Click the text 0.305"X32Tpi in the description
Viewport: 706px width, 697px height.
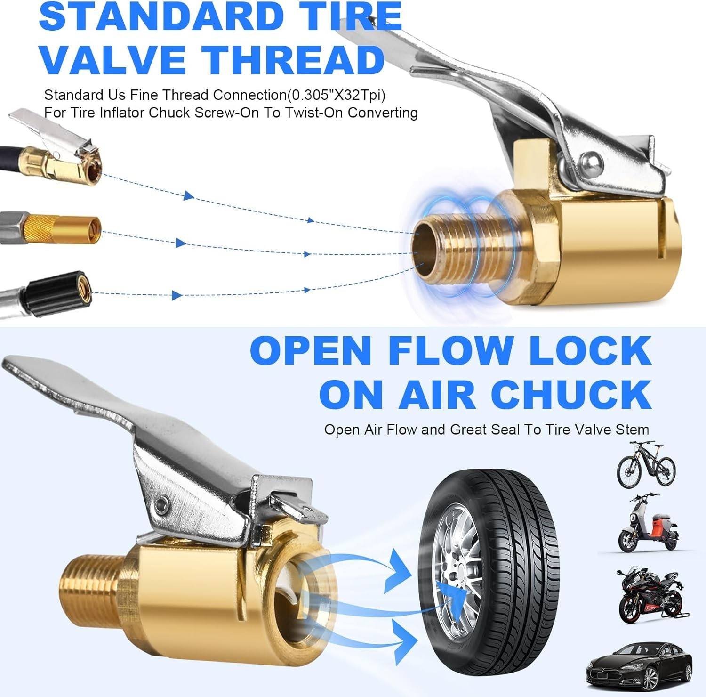coord(336,95)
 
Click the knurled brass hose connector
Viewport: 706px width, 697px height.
coord(61,228)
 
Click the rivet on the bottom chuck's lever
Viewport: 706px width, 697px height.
coord(164,504)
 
